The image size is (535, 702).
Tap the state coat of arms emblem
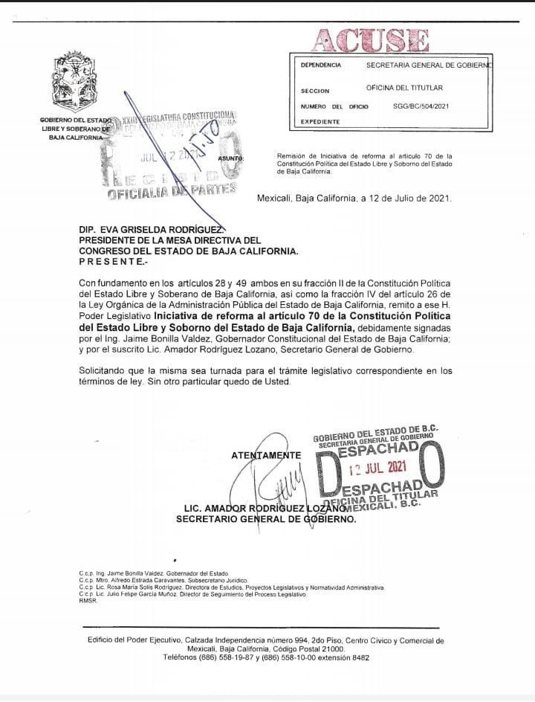pyautogui.click(x=73, y=82)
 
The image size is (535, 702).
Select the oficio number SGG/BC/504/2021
pyautogui.click(x=421, y=106)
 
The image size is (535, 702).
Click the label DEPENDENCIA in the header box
pyautogui.click(x=321, y=65)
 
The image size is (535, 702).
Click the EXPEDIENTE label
pyautogui.click(x=320, y=122)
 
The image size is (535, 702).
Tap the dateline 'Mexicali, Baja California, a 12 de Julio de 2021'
pyautogui.click(x=354, y=199)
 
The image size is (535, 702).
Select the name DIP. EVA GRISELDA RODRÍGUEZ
pyautogui.click(x=150, y=231)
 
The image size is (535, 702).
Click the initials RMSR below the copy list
pyautogui.click(x=88, y=601)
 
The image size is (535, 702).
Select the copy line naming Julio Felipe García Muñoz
pyautogui.click(x=192, y=594)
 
